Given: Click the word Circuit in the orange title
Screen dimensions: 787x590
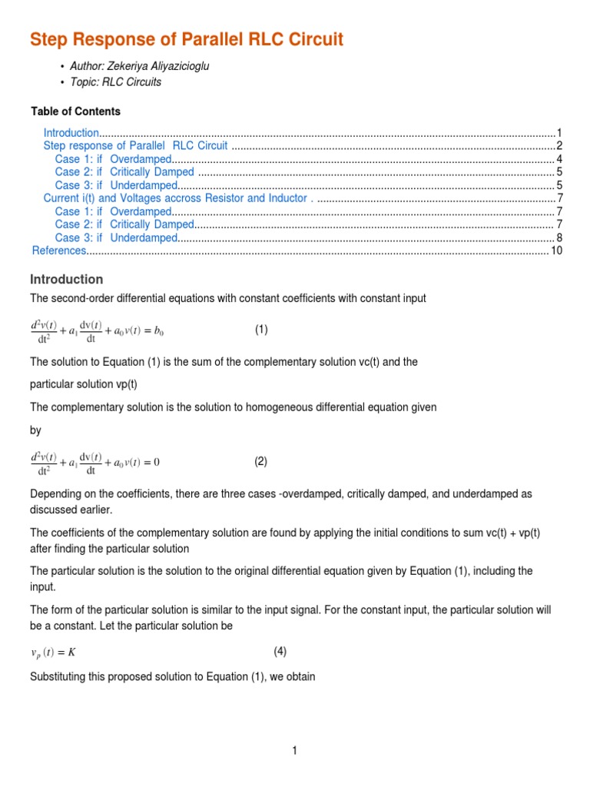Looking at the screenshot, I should coord(305,40).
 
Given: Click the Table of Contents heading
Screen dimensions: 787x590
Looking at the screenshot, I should coord(75,111).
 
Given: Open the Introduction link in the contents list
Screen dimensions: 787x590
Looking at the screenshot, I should coord(71,133).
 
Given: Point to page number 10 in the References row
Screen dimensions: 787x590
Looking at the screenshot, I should coord(557,251).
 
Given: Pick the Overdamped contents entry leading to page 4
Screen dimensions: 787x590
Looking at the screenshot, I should coord(141,159).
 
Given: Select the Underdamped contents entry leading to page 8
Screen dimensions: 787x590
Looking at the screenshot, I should coord(144,237).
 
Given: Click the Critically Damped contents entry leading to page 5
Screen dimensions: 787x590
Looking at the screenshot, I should coord(152,172).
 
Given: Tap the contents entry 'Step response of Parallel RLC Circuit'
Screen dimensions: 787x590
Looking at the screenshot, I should coord(135,146).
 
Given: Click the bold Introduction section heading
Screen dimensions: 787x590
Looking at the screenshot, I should coord(66,279).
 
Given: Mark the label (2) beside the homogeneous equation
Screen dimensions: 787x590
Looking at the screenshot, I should coord(261,462).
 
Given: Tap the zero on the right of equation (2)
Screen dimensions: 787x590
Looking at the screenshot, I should coord(156,463).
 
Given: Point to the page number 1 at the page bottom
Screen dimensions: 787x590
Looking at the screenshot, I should coord(294,752).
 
